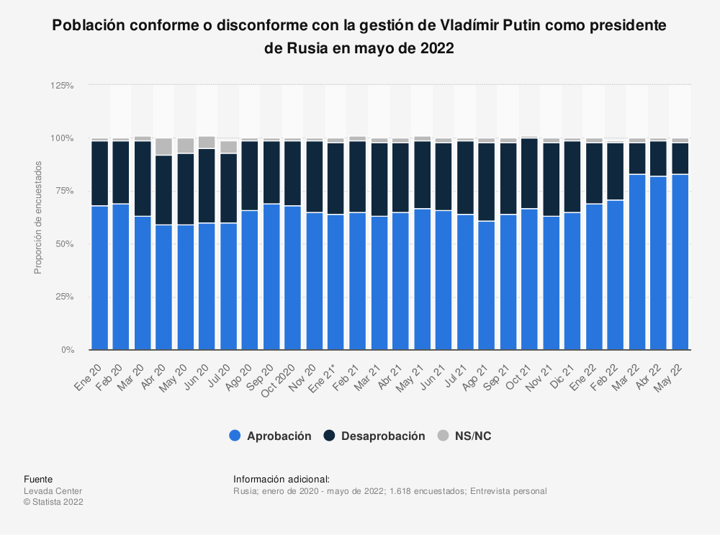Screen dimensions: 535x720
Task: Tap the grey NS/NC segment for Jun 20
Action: pyautogui.click(x=207, y=142)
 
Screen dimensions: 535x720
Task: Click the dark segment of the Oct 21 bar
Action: pyautogui.click(x=529, y=173)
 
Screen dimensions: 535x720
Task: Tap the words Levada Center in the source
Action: pyautogui.click(x=53, y=491)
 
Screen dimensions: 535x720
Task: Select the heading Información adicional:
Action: pyautogui.click(x=282, y=479)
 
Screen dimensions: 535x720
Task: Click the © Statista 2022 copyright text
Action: pyautogui.click(x=54, y=502)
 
